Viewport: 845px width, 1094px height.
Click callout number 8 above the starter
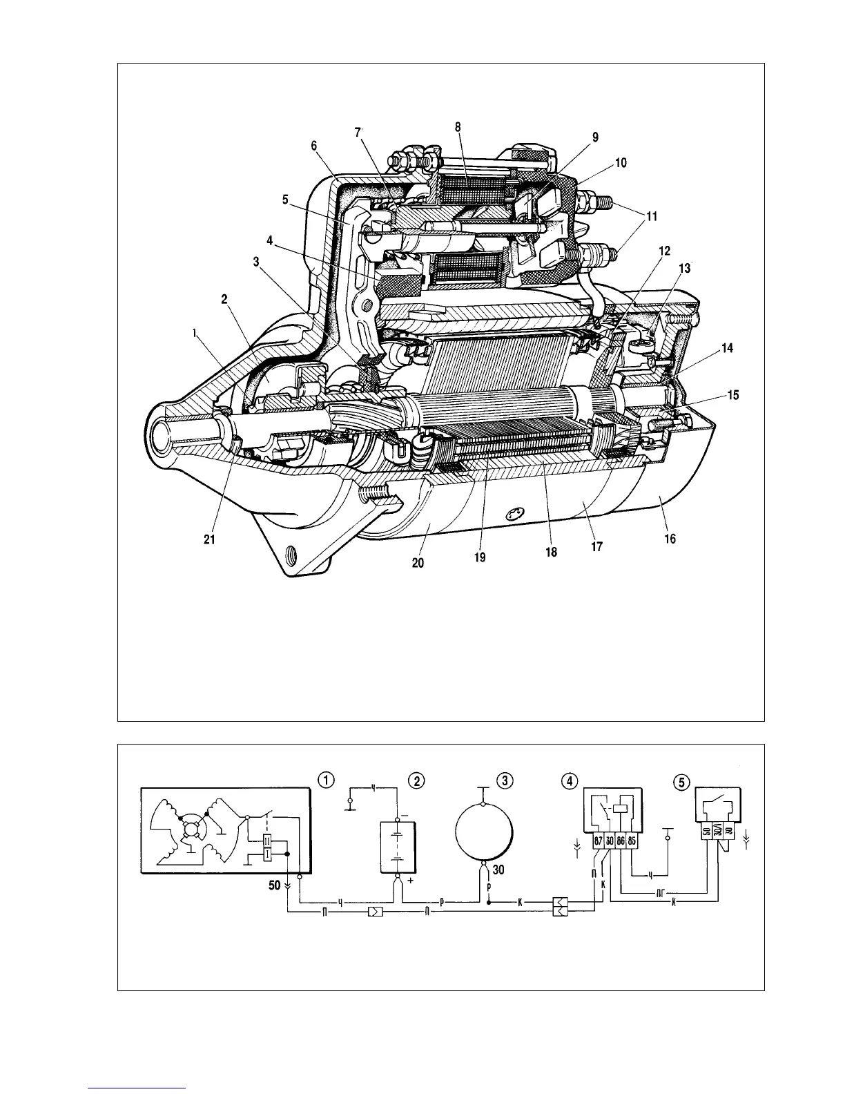click(x=458, y=127)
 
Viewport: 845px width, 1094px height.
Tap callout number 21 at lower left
click(x=210, y=540)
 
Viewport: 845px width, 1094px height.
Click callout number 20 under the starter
click(x=418, y=563)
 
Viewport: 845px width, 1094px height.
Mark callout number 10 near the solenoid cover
click(x=621, y=163)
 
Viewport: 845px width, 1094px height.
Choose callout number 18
click(x=551, y=553)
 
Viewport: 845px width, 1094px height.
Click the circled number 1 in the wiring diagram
click(x=327, y=779)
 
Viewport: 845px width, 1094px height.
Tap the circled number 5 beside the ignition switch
click(x=680, y=782)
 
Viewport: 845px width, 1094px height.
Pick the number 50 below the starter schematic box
click(x=273, y=885)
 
